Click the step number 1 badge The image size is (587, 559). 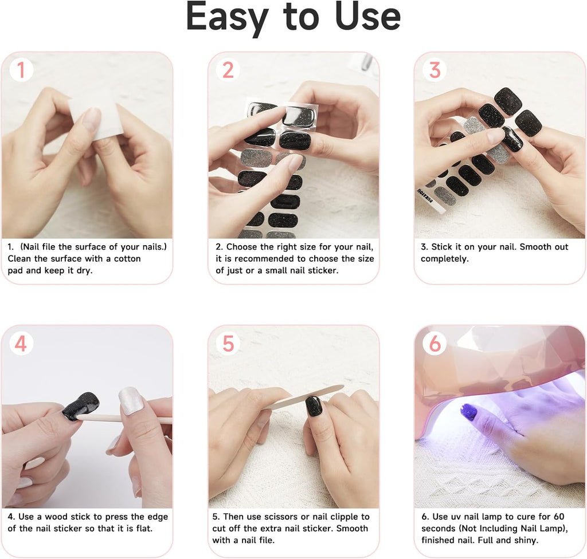[x=21, y=70]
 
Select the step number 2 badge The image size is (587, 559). [x=228, y=70]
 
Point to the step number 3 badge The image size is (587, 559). [x=435, y=70]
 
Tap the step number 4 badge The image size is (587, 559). [x=21, y=344]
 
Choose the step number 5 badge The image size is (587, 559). [x=228, y=344]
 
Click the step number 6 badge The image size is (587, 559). [x=435, y=344]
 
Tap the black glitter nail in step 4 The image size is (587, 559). [x=80, y=406]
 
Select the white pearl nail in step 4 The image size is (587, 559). [x=131, y=400]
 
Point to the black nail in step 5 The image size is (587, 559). [x=315, y=406]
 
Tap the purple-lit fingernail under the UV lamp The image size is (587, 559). [x=469, y=412]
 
